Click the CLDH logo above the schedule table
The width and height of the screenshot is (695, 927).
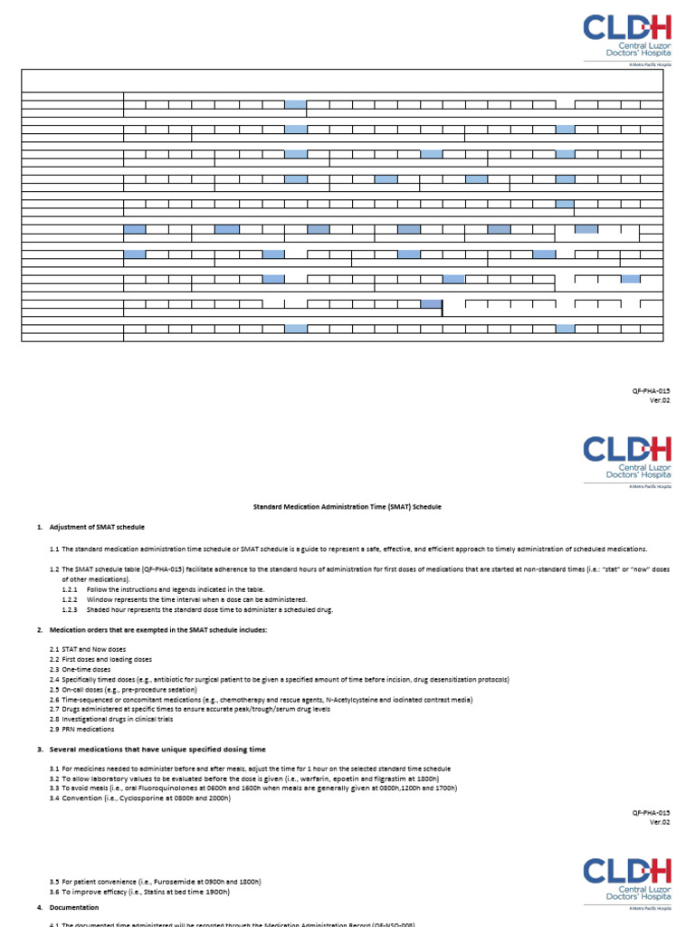coord(627,36)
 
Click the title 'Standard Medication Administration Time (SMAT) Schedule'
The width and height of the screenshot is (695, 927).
coord(347,507)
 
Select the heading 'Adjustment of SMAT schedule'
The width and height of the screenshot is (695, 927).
coord(97,527)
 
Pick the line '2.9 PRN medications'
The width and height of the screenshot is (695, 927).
coord(82,729)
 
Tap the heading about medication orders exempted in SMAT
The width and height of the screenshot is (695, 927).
coord(158,629)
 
